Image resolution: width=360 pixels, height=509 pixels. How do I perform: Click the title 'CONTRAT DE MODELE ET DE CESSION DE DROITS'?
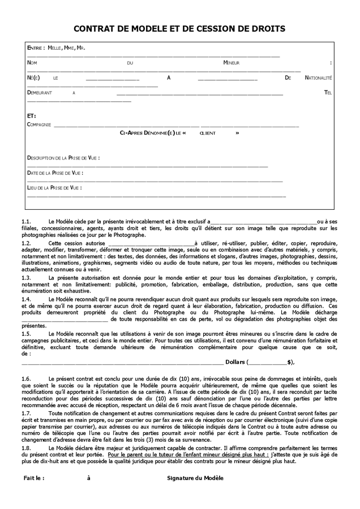pos(179,28)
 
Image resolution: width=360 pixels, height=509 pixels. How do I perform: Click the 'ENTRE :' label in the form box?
pos(36,49)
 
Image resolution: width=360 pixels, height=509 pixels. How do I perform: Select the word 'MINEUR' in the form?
pos(232,63)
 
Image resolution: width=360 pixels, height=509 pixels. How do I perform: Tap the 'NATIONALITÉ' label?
pos(318,77)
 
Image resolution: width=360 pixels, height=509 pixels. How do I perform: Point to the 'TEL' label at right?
pos(328,92)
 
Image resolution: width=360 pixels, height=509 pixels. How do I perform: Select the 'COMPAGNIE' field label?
pos(39,124)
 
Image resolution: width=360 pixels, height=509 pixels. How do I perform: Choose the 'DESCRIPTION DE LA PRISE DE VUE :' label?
pos(63,158)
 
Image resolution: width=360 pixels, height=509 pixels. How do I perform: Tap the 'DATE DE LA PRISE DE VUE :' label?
pos(55,172)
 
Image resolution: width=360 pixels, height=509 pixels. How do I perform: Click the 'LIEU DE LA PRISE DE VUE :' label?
pos(54,187)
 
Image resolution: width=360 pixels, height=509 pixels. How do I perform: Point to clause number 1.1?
pos(26,222)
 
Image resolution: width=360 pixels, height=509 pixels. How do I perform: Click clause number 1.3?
pos(26,278)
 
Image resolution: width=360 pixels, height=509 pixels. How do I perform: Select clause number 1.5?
pos(26,334)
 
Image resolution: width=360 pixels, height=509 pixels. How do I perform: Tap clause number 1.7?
pos(26,413)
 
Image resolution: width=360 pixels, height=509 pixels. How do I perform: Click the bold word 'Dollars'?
pos(235,362)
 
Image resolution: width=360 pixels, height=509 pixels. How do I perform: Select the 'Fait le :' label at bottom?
pos(34,478)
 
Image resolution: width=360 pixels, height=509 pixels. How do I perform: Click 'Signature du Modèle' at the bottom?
pos(195,478)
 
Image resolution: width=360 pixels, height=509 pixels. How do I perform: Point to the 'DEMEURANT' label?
pos(40,92)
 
